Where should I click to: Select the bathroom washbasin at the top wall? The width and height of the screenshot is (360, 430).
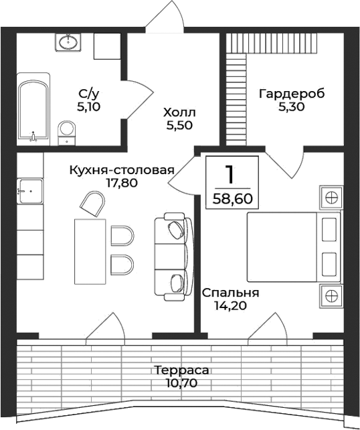(68, 43)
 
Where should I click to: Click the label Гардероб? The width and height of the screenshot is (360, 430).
(292, 94)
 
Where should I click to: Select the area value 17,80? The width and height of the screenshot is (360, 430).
(121, 182)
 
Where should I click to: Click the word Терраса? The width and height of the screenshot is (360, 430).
(181, 370)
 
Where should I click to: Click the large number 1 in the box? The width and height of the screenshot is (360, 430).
(230, 174)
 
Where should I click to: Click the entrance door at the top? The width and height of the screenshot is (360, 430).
(165, 17)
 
